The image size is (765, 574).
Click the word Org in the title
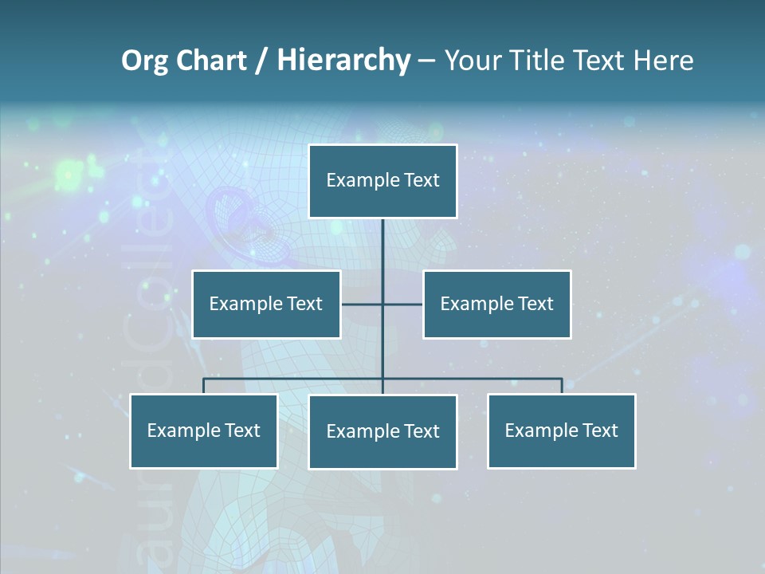click(x=144, y=61)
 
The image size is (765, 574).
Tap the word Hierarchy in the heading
click(x=343, y=61)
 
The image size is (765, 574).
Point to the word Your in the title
click(x=471, y=61)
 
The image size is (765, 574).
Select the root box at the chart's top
click(x=382, y=181)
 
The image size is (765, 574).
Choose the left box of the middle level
click(x=266, y=305)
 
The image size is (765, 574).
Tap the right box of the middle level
click(x=497, y=305)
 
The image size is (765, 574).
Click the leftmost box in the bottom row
click(x=204, y=431)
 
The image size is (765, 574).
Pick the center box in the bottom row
click(x=382, y=432)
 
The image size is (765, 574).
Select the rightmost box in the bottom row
click(x=562, y=431)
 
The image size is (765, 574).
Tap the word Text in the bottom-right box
click(x=599, y=431)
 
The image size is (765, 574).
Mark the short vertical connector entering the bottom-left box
click(x=204, y=386)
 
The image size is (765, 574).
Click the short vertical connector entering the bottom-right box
click(x=562, y=386)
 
